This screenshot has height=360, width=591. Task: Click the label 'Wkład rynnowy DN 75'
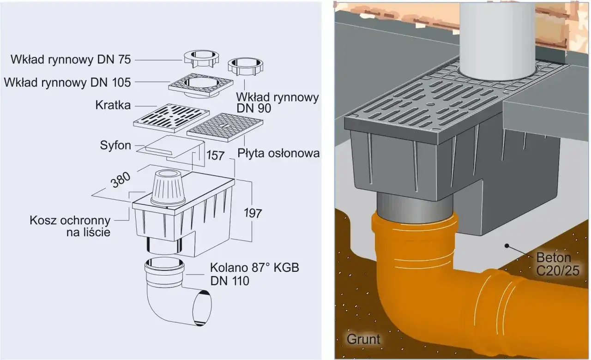point(71,60)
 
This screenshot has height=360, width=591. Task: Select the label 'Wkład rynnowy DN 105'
point(67,83)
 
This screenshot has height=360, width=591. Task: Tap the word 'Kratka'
point(113,106)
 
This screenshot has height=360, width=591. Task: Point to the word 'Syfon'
point(115,145)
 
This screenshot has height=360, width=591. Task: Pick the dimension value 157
point(215,155)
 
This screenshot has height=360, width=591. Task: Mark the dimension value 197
point(252,213)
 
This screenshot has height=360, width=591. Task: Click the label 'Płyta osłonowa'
point(278,153)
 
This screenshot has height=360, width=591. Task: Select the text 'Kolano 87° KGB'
point(254,268)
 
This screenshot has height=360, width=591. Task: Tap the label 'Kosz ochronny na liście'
point(70,226)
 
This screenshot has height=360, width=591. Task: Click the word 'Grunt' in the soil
point(363,339)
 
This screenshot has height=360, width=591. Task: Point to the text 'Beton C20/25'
point(558,264)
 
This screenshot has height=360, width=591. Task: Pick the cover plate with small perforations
point(225,127)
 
